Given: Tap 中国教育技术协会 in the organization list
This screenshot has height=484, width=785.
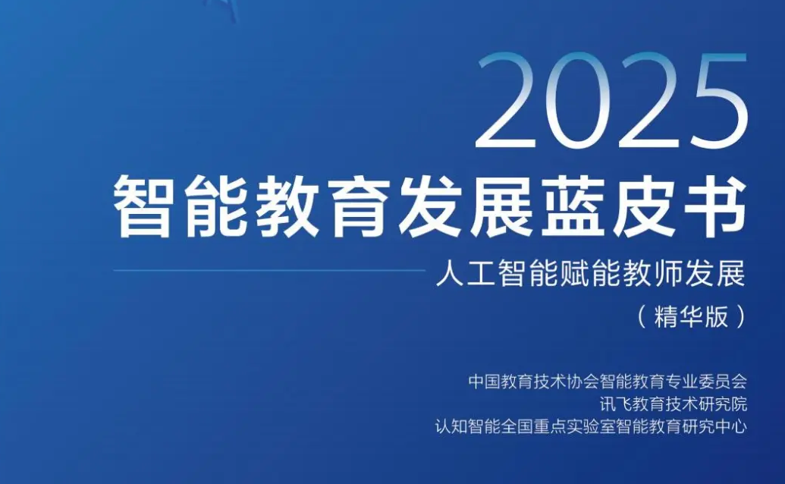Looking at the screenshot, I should (x=524, y=382).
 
